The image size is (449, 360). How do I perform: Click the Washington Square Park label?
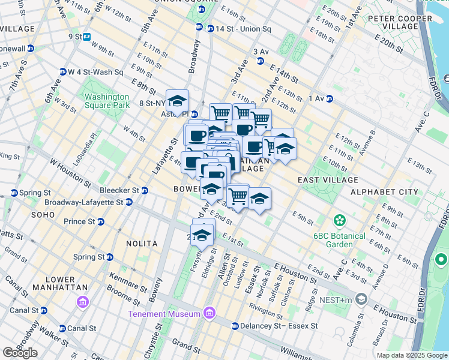pyautogui.click(x=107, y=101)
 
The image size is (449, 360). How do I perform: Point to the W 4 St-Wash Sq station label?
pyautogui.click(x=95, y=72)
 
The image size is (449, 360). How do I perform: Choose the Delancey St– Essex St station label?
pyautogui.click(x=279, y=326)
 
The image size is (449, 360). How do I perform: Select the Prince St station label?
pyautogui.click(x=79, y=221)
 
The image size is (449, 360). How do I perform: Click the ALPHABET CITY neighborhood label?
pyautogui.click(x=384, y=192)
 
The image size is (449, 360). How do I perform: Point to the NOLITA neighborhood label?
pyautogui.click(x=142, y=244)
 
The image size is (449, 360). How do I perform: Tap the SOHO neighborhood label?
pyautogui.click(x=43, y=214)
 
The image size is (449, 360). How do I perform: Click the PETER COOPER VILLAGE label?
pyautogui.click(x=400, y=23)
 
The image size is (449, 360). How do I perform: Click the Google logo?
pyautogui.click(x=20, y=353)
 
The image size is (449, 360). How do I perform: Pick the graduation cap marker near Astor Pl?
pyautogui.click(x=177, y=101)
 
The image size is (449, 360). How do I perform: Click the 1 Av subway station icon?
pyautogui.click(x=330, y=98)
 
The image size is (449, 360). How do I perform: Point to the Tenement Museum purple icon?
pyautogui.click(x=209, y=313)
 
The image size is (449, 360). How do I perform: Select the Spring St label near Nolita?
pyautogui.click(x=88, y=257)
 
